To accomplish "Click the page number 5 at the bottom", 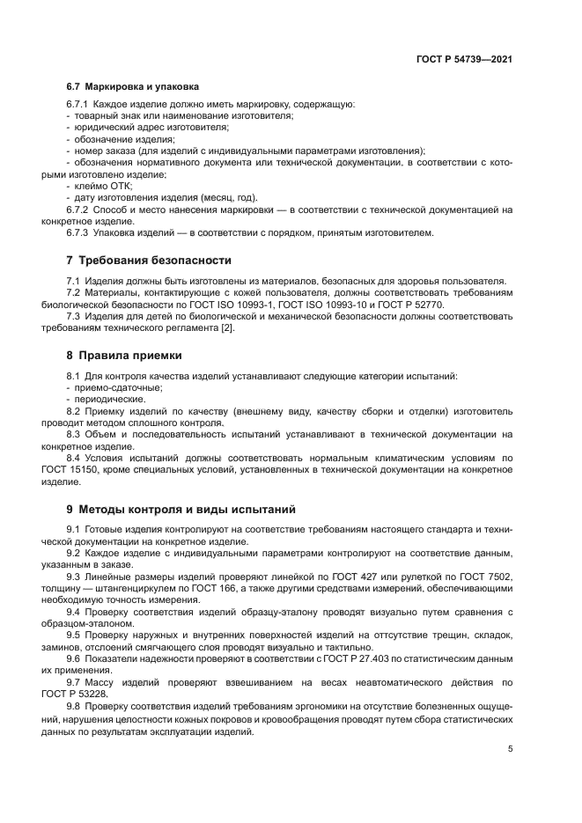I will point(510,748).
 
